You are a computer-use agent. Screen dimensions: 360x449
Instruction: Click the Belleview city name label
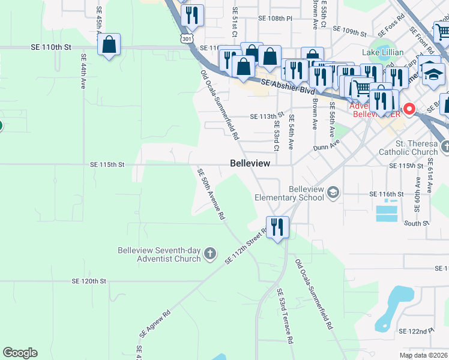[x=250, y=163]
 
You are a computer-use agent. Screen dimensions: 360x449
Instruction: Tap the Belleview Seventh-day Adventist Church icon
[x=210, y=254]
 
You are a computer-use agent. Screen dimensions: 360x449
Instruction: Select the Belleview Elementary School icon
[x=333, y=193]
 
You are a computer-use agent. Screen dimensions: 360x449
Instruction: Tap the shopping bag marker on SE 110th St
[x=109, y=44]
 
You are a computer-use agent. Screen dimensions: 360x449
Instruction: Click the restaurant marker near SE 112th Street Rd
[x=277, y=227]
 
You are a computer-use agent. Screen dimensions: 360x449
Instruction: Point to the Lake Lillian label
[x=382, y=52]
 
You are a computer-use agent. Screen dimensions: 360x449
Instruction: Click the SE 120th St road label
[x=88, y=280]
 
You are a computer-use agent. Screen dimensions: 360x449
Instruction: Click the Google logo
[x=20, y=353]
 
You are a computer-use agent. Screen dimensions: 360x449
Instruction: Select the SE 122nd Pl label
[x=416, y=331]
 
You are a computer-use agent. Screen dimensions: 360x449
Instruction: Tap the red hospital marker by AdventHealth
[x=410, y=109]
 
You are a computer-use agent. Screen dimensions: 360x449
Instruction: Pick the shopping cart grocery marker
[x=362, y=88]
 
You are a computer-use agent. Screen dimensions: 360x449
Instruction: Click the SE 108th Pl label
[x=274, y=19]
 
